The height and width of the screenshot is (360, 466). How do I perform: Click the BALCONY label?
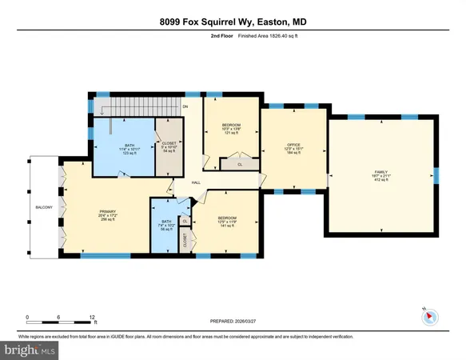tap(44, 207)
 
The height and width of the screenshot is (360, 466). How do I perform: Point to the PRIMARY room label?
tap(108, 212)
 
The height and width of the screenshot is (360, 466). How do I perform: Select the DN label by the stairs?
tap(185, 106)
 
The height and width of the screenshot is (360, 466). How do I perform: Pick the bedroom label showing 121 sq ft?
tap(230, 129)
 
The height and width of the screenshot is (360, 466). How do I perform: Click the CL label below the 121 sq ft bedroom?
tap(240, 165)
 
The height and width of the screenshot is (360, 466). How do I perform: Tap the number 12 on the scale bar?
tap(93, 317)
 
